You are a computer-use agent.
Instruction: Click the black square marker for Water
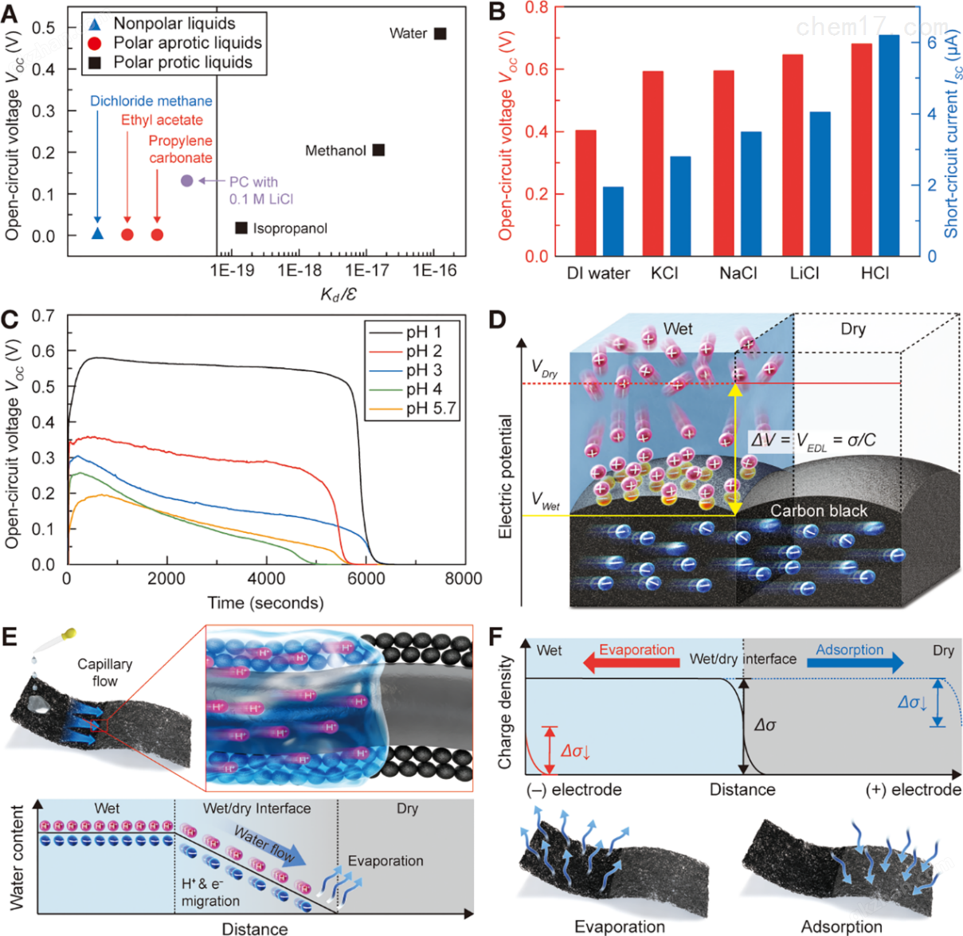point(440,33)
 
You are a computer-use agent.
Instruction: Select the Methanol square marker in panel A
point(379,150)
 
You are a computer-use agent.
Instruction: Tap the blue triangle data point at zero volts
point(97,233)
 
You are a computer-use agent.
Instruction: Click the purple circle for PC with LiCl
point(187,181)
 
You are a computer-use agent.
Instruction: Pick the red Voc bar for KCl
point(653,163)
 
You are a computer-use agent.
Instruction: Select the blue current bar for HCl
point(889,145)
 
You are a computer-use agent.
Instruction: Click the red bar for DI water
point(585,193)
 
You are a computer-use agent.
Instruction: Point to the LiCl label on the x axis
point(804,273)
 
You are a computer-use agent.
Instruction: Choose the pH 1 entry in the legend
point(413,332)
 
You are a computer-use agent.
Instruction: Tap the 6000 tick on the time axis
point(365,579)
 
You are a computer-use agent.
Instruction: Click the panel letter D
point(496,321)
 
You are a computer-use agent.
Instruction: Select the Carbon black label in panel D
point(819,511)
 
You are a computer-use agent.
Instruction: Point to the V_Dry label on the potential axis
point(545,369)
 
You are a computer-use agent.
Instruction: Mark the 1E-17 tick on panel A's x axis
point(367,270)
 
